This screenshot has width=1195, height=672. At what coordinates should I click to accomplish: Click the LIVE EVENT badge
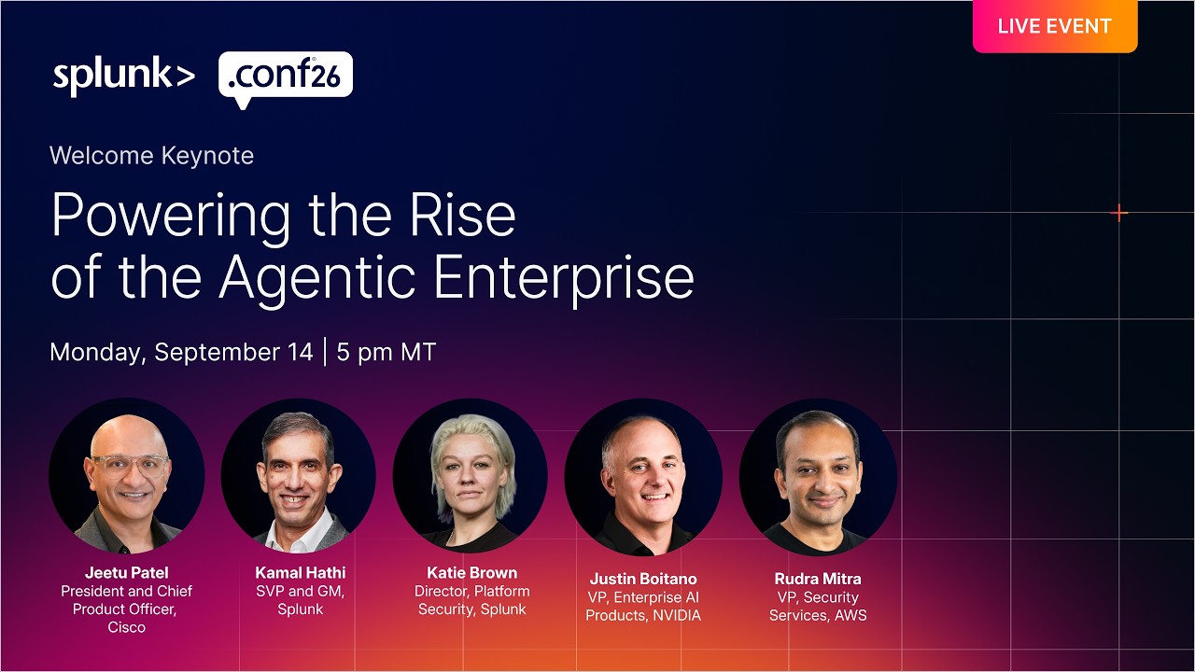[x=1055, y=26]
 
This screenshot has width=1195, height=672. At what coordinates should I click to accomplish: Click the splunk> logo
[x=124, y=76]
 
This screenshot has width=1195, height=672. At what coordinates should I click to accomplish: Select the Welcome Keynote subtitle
[x=151, y=156]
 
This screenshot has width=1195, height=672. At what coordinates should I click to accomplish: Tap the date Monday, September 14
[x=181, y=353]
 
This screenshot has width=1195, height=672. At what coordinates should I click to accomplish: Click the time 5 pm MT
[x=387, y=353]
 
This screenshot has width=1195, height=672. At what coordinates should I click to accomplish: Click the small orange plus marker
[x=1118, y=213]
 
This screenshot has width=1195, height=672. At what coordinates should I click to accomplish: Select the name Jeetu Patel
[x=127, y=573]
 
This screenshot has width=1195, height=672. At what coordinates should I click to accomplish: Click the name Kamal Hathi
[x=301, y=573]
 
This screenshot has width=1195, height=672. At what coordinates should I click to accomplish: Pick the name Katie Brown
[x=472, y=573]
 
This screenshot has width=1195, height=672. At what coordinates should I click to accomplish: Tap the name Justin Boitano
[x=643, y=579]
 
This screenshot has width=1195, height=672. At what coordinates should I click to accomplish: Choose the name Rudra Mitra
[x=818, y=579]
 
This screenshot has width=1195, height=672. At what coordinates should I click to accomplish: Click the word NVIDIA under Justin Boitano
[x=677, y=615]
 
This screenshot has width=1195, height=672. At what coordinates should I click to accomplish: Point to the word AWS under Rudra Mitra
[x=851, y=615]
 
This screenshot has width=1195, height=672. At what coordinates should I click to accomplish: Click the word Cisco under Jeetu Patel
[x=126, y=627]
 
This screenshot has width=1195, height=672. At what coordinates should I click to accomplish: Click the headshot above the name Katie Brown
[x=471, y=476]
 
